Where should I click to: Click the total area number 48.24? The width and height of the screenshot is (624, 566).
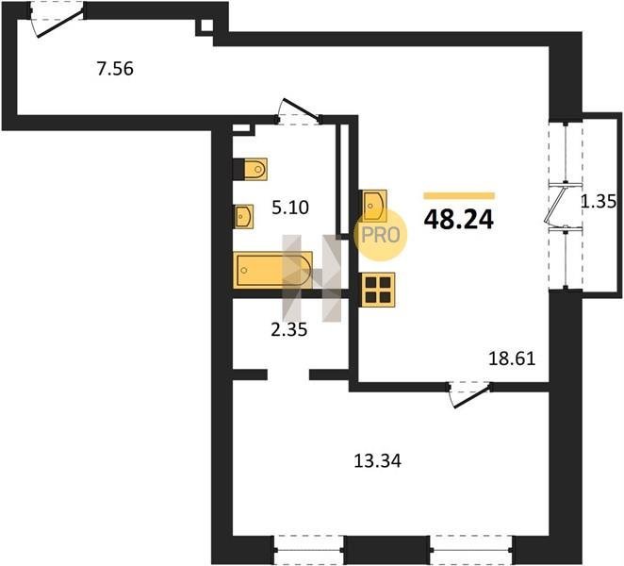[458, 219]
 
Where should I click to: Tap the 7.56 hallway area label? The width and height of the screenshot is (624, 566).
[115, 69]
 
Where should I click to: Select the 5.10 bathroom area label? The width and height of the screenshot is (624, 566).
[290, 208]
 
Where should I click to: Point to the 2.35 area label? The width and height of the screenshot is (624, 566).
[289, 329]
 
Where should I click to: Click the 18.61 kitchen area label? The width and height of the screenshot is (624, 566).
[512, 358]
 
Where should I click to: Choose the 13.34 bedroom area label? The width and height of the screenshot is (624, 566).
[377, 461]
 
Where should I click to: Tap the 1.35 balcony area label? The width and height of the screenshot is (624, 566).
[599, 202]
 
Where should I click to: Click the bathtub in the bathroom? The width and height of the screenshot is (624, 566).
[272, 269]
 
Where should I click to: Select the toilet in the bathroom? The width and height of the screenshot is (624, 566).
[250, 169]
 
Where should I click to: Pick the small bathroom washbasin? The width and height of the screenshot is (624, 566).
[243, 217]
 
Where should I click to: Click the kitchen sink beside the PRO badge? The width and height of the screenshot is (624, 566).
[373, 206]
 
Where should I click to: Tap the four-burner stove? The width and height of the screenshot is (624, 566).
[378, 290]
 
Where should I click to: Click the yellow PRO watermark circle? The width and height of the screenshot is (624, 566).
[381, 235]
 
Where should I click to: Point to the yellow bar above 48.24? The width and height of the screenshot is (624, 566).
[459, 195]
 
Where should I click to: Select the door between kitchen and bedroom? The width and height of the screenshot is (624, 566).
[470, 394]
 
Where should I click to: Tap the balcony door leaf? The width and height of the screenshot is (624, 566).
[554, 204]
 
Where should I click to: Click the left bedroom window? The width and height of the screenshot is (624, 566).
[309, 550]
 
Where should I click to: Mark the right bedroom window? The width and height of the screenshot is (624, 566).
[470, 550]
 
